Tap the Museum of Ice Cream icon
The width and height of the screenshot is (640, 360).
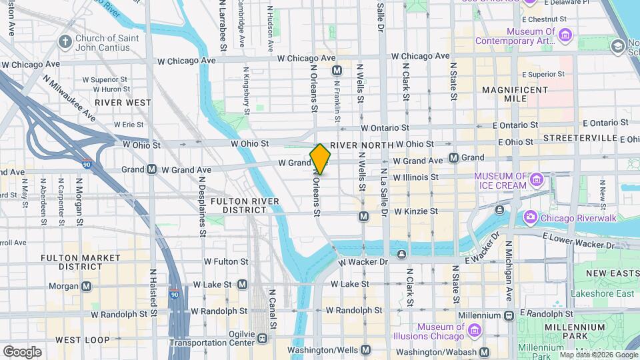[537, 180]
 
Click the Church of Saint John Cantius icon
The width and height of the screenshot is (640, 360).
[65, 43]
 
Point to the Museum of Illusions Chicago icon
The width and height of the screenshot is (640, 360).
[474, 331]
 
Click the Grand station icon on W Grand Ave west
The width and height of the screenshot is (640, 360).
[152, 169]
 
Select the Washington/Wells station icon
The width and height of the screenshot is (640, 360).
[365, 350]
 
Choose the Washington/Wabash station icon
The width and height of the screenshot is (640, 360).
[485, 351]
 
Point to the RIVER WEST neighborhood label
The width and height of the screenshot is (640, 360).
[123, 103]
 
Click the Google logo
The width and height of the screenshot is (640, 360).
[22, 351]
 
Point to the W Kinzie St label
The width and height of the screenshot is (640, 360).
[415, 211]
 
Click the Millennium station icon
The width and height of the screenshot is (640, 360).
[509, 315]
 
